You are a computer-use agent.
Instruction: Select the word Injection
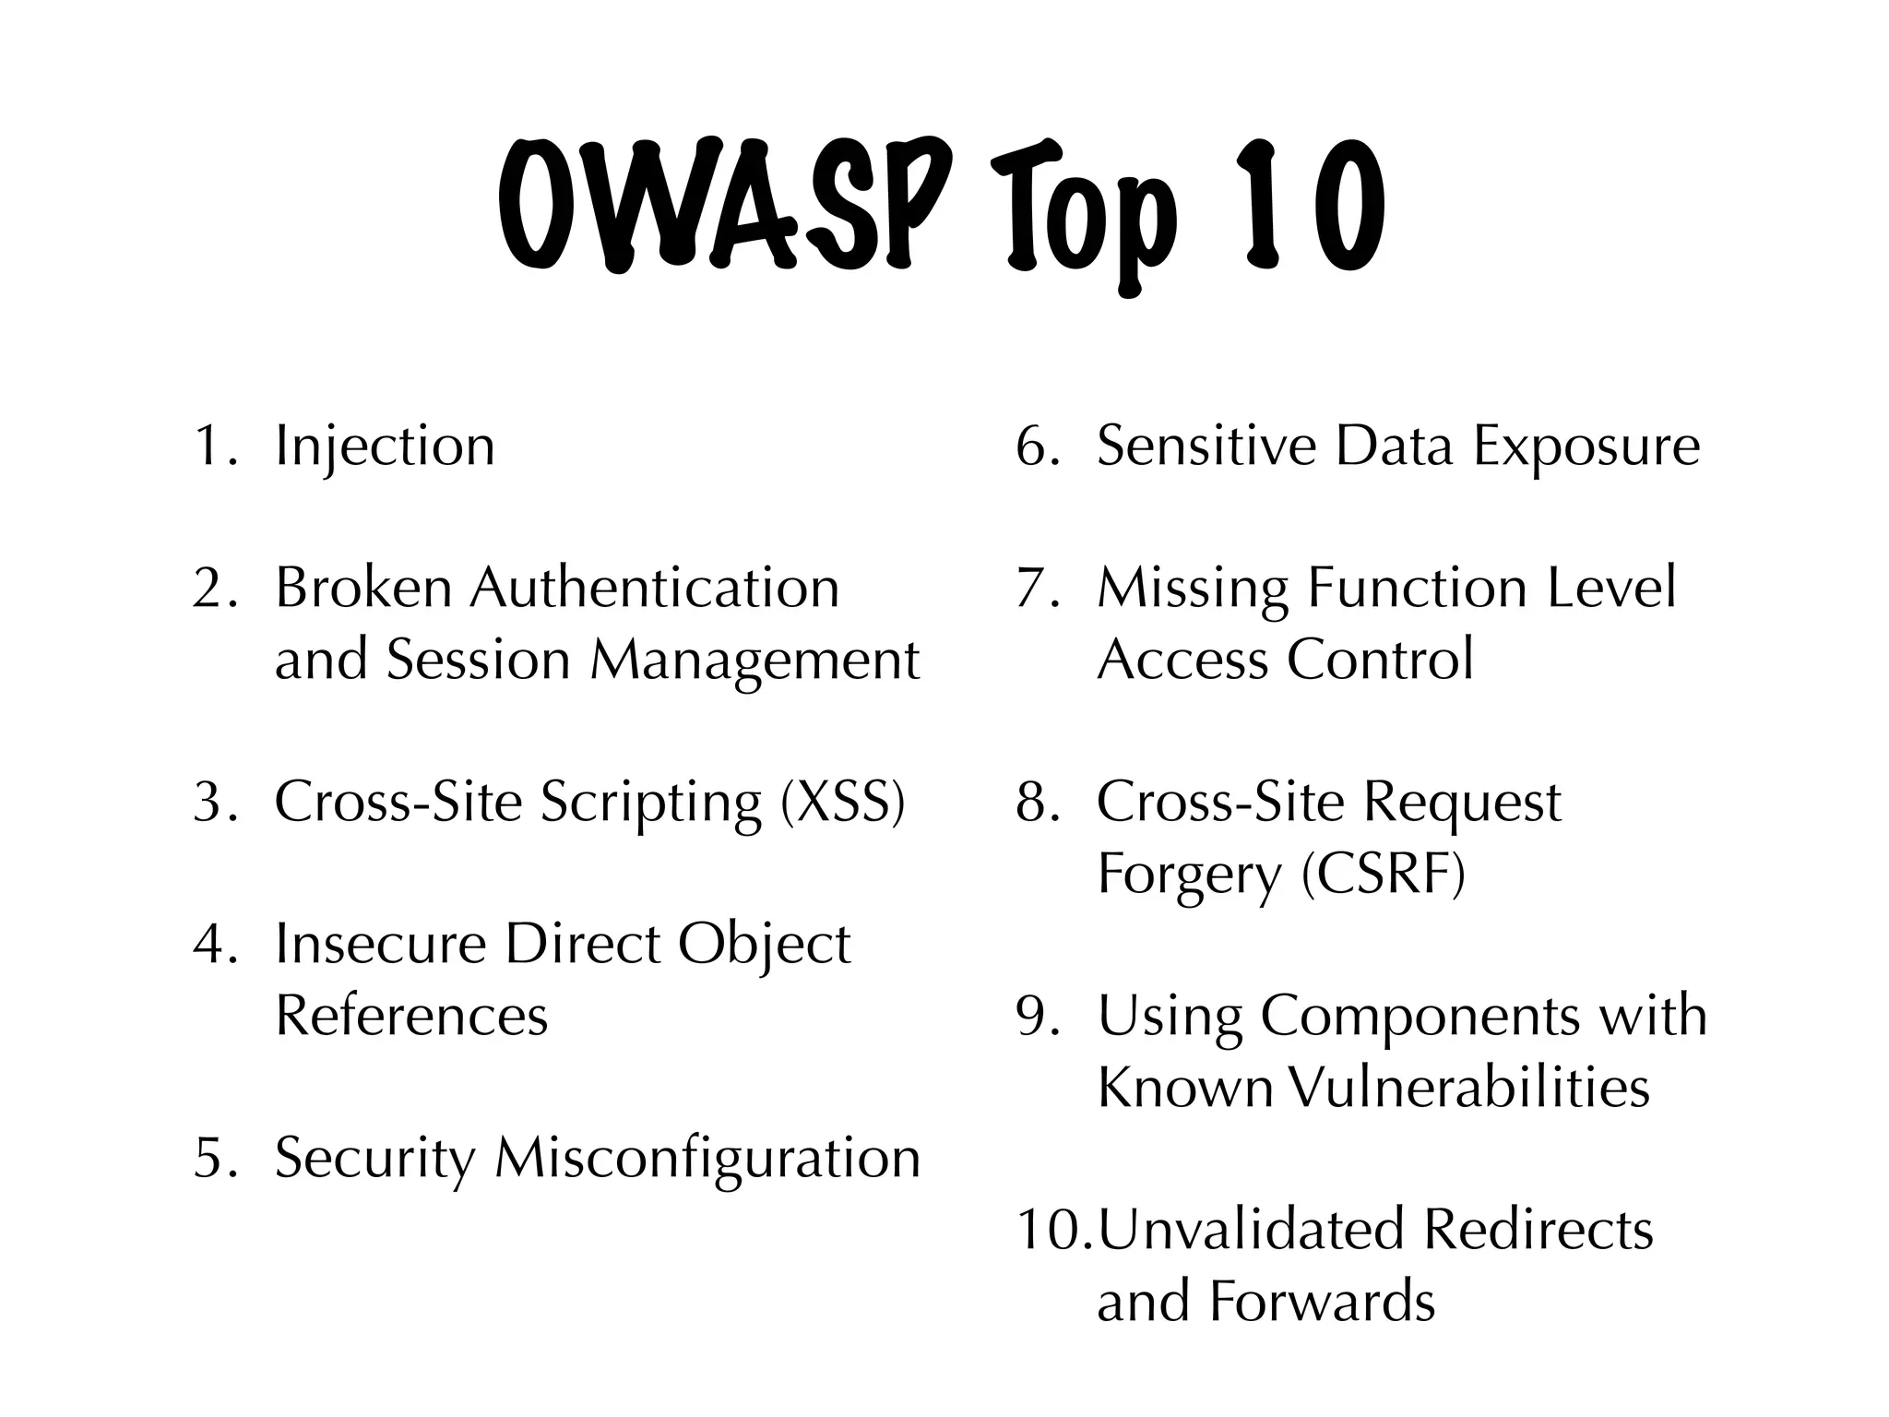click(x=385, y=447)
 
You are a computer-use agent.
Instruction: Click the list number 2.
click(x=213, y=589)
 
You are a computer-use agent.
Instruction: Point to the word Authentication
click(x=654, y=589)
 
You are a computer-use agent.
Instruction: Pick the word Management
click(x=754, y=661)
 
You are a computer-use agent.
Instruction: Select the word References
click(x=411, y=1016)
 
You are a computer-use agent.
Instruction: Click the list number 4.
click(x=213, y=945)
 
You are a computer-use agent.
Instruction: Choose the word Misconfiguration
click(x=707, y=1158)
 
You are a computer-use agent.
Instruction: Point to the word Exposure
click(x=1586, y=447)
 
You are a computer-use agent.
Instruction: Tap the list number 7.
click(x=1036, y=589)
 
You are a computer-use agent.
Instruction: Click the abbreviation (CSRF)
click(x=1383, y=874)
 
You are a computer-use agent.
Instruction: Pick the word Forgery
click(x=1189, y=875)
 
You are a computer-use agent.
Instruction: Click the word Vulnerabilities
click(x=1467, y=1088)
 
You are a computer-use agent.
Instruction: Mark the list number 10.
click(x=1050, y=1230)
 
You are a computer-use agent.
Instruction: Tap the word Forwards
click(x=1321, y=1302)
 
